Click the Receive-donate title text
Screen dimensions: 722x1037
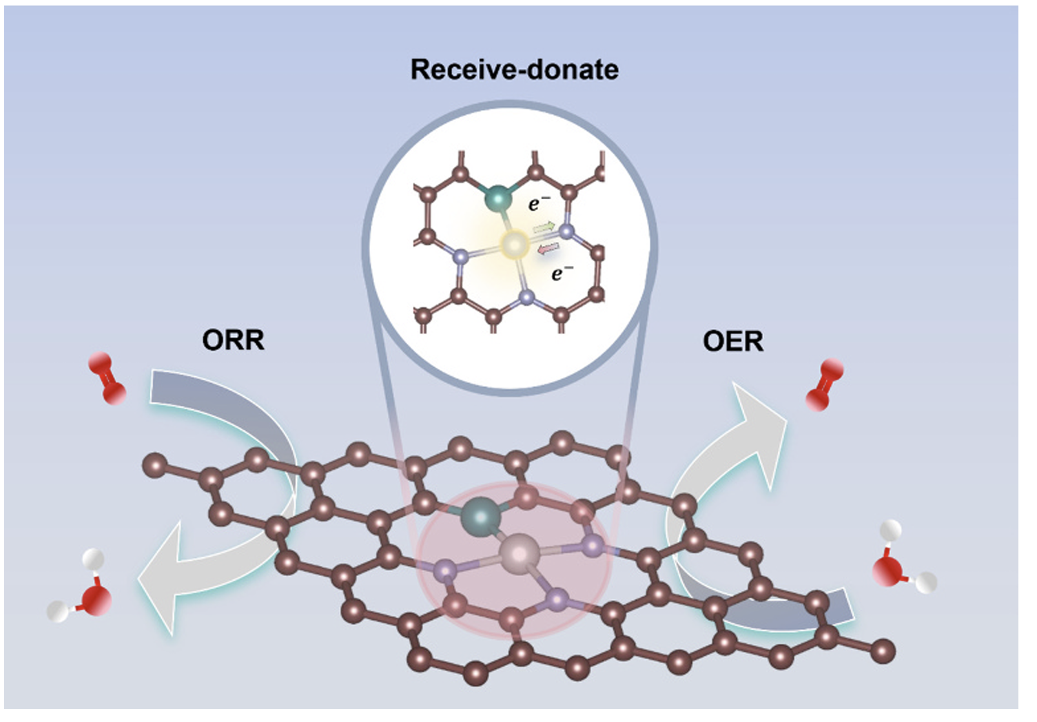[x=514, y=70]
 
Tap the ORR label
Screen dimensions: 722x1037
[x=233, y=340]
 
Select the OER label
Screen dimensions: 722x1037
[x=733, y=341]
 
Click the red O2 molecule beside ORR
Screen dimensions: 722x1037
[x=107, y=378]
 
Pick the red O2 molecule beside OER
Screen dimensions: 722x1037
[x=825, y=385]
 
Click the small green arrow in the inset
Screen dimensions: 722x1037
[x=544, y=226]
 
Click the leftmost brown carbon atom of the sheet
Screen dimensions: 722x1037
[x=155, y=465]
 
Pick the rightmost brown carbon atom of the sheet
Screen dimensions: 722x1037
[x=883, y=650]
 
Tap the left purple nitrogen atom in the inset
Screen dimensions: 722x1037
[x=460, y=256]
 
